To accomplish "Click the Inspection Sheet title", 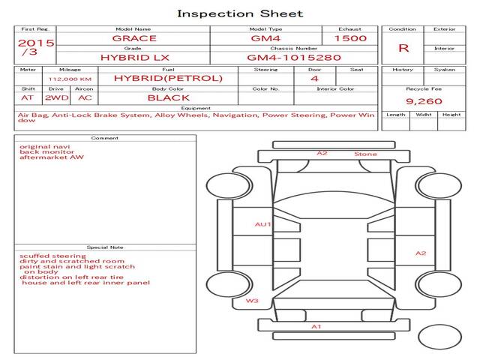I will coord(240,13).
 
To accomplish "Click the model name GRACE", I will coord(134,38).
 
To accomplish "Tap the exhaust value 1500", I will coord(350,38).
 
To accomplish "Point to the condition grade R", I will coord(403,48).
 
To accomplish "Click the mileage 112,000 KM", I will coord(70,78).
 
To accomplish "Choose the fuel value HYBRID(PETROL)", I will coord(168,78).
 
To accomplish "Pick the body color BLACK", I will coord(168,97).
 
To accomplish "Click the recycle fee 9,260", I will coord(424,100).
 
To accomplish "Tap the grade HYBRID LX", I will coord(134,57).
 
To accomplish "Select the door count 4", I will coord(314,78).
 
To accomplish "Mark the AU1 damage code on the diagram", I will coord(262,223).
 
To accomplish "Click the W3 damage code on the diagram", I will coord(252,301).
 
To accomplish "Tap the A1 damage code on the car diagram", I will coord(316,326).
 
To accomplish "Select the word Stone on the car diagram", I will coord(365,154).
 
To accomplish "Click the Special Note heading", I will coord(105,247).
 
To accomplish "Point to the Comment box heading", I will coord(105,138).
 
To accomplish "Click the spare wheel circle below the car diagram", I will coord(440,336).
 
